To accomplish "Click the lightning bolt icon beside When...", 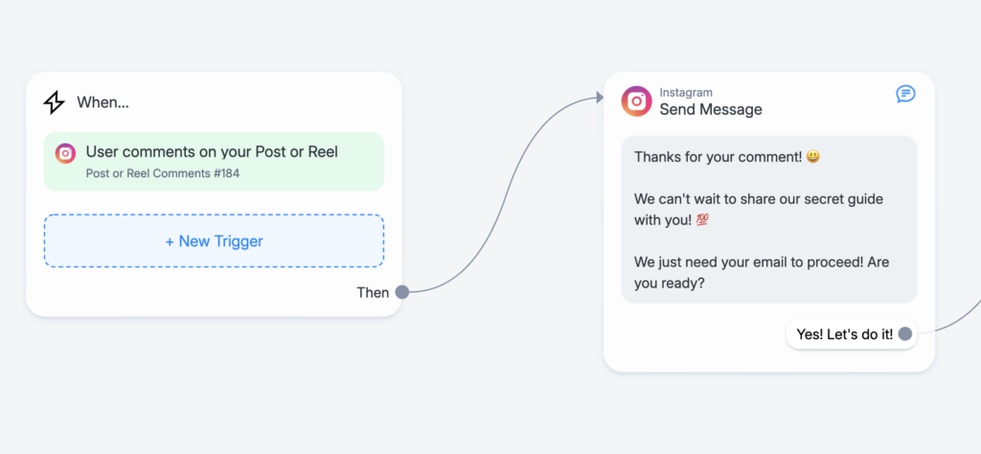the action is [54, 102].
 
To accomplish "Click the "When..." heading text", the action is [103, 102].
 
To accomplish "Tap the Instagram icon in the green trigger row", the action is [65, 153].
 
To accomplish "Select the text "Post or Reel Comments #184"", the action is [163, 173].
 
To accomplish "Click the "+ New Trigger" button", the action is [214, 241].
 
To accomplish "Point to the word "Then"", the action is [373, 293].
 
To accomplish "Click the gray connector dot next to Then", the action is [402, 292].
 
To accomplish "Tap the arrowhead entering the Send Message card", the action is [600, 98].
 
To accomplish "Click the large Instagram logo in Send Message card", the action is [636, 102].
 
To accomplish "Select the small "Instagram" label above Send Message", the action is [686, 93].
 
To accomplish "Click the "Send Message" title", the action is [711, 109].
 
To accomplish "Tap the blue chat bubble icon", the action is [905, 94].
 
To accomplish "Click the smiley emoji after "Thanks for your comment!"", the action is [813, 156].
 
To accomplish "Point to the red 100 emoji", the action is [701, 220].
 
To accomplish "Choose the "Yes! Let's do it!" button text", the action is [845, 334].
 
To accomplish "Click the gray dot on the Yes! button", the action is [904, 334].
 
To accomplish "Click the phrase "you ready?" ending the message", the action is [670, 284].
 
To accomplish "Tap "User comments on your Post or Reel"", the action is [212, 152].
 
